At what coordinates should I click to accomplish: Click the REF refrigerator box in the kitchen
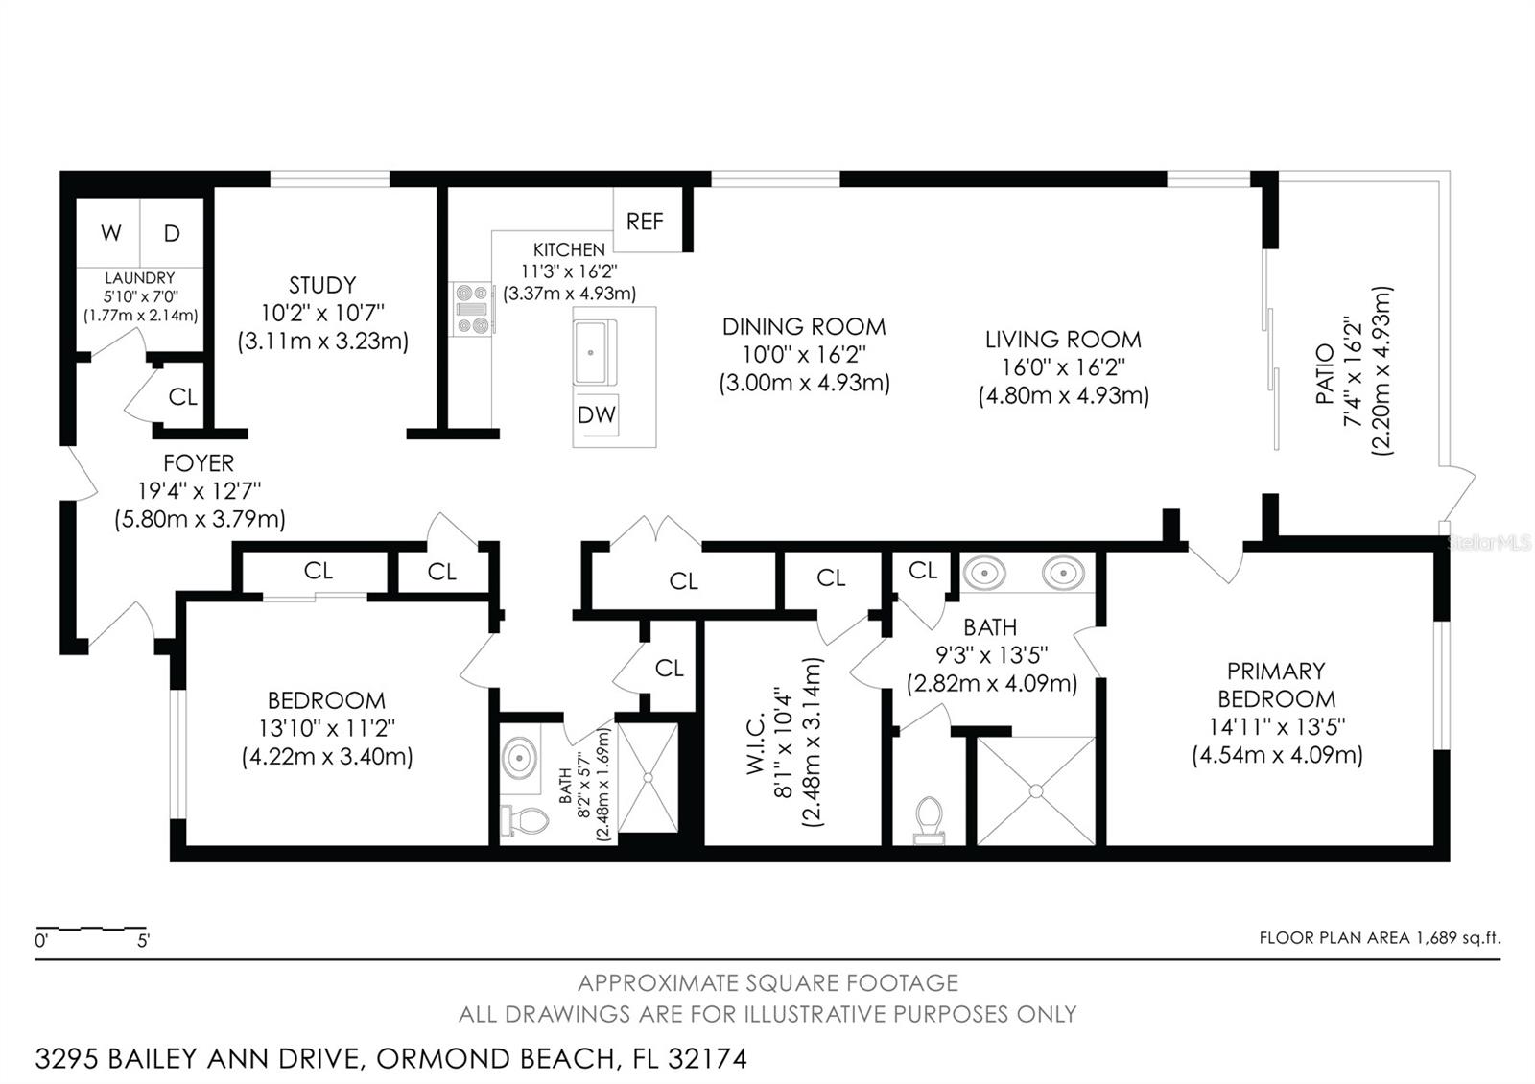[648, 220]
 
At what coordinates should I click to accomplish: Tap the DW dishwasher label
[596, 414]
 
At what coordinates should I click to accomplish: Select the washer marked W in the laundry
[108, 233]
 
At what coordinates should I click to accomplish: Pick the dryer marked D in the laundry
[172, 233]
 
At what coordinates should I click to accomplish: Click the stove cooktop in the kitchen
[471, 309]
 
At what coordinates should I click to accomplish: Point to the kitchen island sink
[592, 352]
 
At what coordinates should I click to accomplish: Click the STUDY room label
[322, 285]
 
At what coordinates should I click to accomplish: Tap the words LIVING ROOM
[1064, 340]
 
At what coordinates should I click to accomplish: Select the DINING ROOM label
[804, 327]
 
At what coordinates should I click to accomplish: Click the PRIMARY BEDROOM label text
[1277, 685]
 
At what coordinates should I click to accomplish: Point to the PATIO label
[1325, 373]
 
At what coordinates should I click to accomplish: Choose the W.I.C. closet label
[755, 743]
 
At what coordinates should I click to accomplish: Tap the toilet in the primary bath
[930, 819]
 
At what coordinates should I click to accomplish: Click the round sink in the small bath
[519, 758]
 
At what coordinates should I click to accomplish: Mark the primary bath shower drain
[1036, 791]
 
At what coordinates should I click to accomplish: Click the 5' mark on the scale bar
[143, 940]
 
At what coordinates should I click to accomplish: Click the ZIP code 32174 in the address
[707, 1059]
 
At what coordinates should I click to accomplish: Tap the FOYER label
[199, 463]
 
